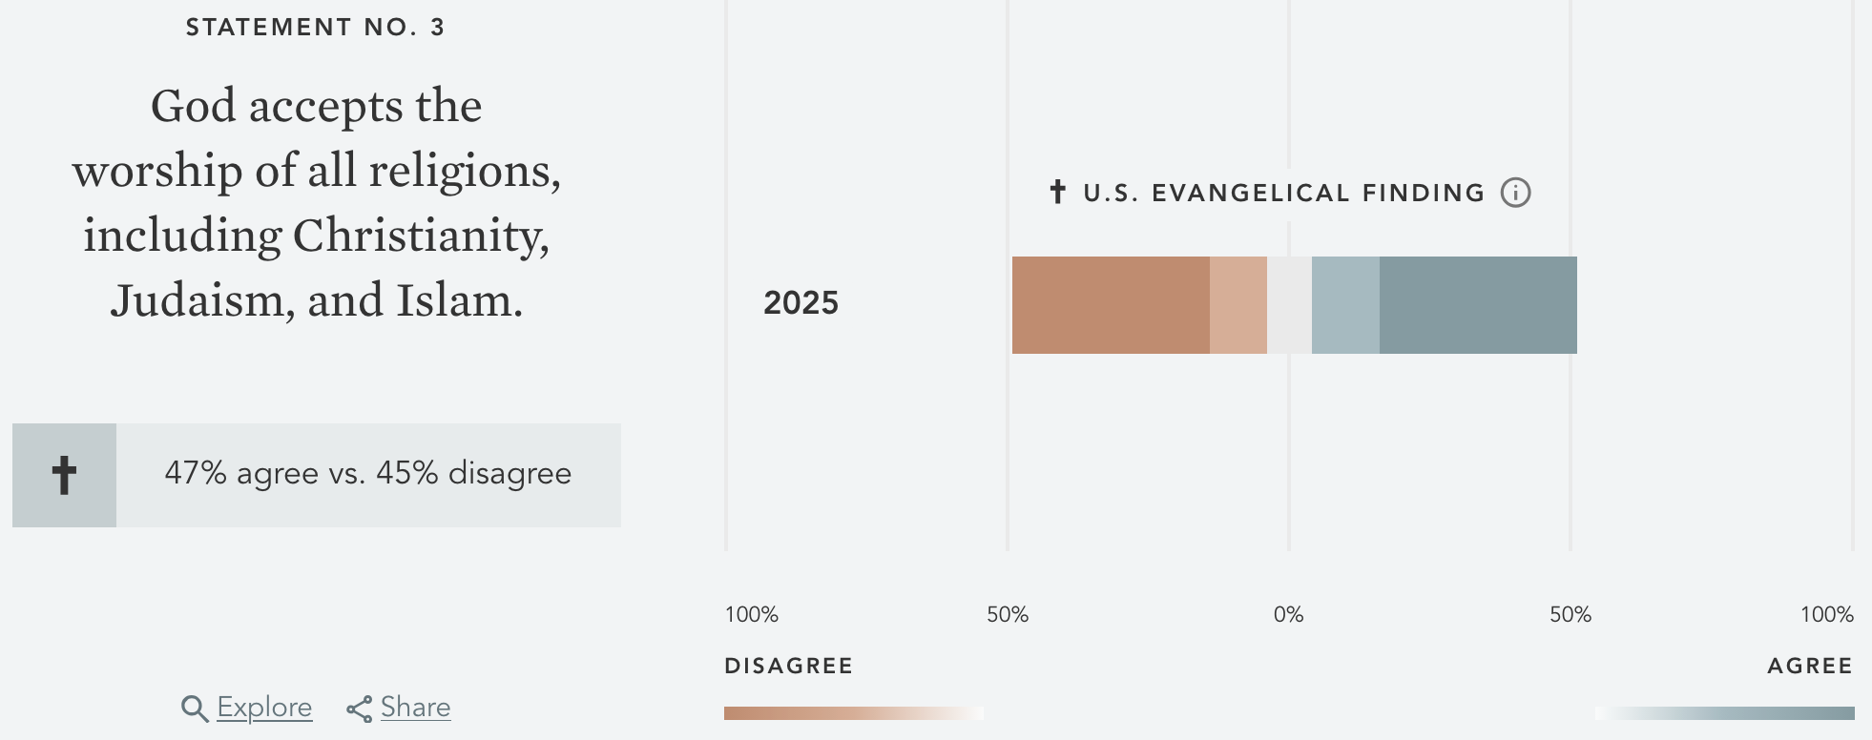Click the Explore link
point(264,708)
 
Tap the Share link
point(415,708)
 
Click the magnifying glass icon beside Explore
point(195,709)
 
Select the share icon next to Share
point(360,709)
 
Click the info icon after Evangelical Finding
point(1515,193)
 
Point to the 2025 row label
point(801,303)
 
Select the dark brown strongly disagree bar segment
point(1111,305)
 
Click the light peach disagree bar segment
point(1238,305)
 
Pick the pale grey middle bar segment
point(1289,305)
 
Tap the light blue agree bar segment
point(1345,305)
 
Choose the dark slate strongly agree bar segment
point(1478,305)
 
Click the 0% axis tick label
point(1288,615)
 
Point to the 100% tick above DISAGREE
point(752,615)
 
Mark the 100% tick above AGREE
point(1826,615)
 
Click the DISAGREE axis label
point(788,666)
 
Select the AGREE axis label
point(1809,666)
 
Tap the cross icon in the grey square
point(64,475)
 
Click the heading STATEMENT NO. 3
point(315,28)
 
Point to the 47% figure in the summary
point(195,473)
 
